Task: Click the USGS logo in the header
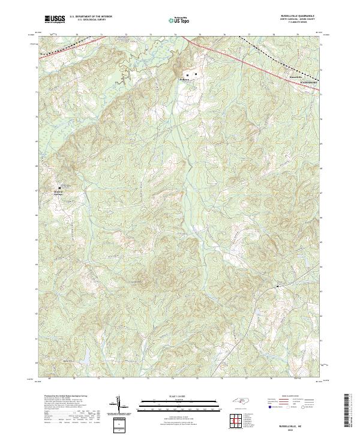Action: coord(55,19)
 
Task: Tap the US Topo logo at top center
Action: coord(181,20)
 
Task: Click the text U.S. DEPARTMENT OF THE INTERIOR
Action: coord(90,17)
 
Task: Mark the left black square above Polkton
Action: coord(188,75)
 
